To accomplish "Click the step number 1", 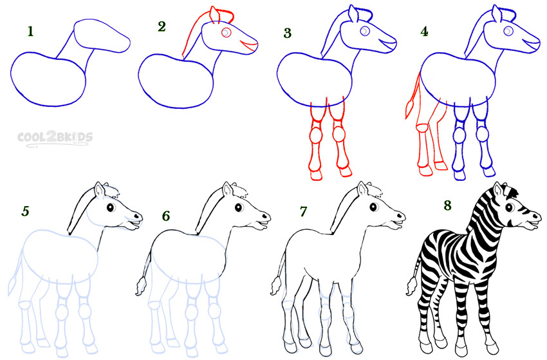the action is [31, 32].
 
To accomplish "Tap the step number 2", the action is [162, 26].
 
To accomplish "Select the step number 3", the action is [287, 33].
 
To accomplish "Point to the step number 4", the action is [424, 32].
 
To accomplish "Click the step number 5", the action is [25, 211].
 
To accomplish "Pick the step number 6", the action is [165, 216].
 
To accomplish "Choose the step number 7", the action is [303, 211].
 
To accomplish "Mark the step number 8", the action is [448, 205].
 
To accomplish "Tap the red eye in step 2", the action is [227, 32].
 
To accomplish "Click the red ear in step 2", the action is [214, 15].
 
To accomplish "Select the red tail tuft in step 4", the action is [409, 108].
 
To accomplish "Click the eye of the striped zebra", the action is [510, 207].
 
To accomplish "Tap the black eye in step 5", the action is [111, 207].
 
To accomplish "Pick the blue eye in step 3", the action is [365, 31].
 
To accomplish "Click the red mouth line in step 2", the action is [249, 45].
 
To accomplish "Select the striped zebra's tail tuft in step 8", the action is [412, 286].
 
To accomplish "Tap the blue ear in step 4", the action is [496, 14].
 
